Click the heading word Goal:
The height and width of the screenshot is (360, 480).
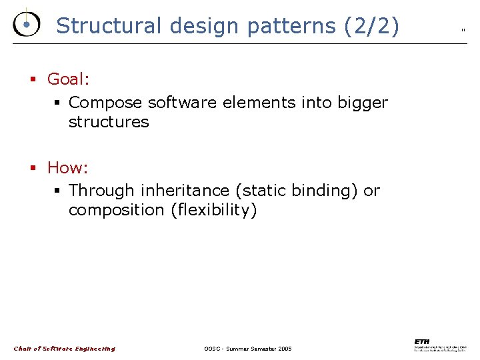68,79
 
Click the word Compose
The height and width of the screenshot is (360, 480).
105,103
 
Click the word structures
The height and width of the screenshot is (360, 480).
109,122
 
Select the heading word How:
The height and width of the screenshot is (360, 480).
67,167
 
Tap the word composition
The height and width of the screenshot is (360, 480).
117,210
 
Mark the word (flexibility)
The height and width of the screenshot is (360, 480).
213,210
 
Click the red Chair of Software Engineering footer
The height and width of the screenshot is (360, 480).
64,349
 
